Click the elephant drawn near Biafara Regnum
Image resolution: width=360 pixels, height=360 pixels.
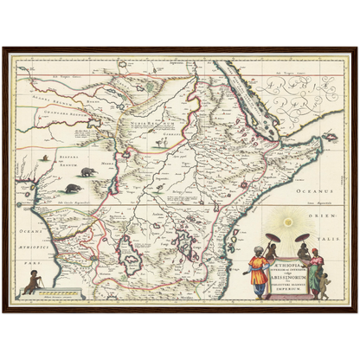72,187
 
